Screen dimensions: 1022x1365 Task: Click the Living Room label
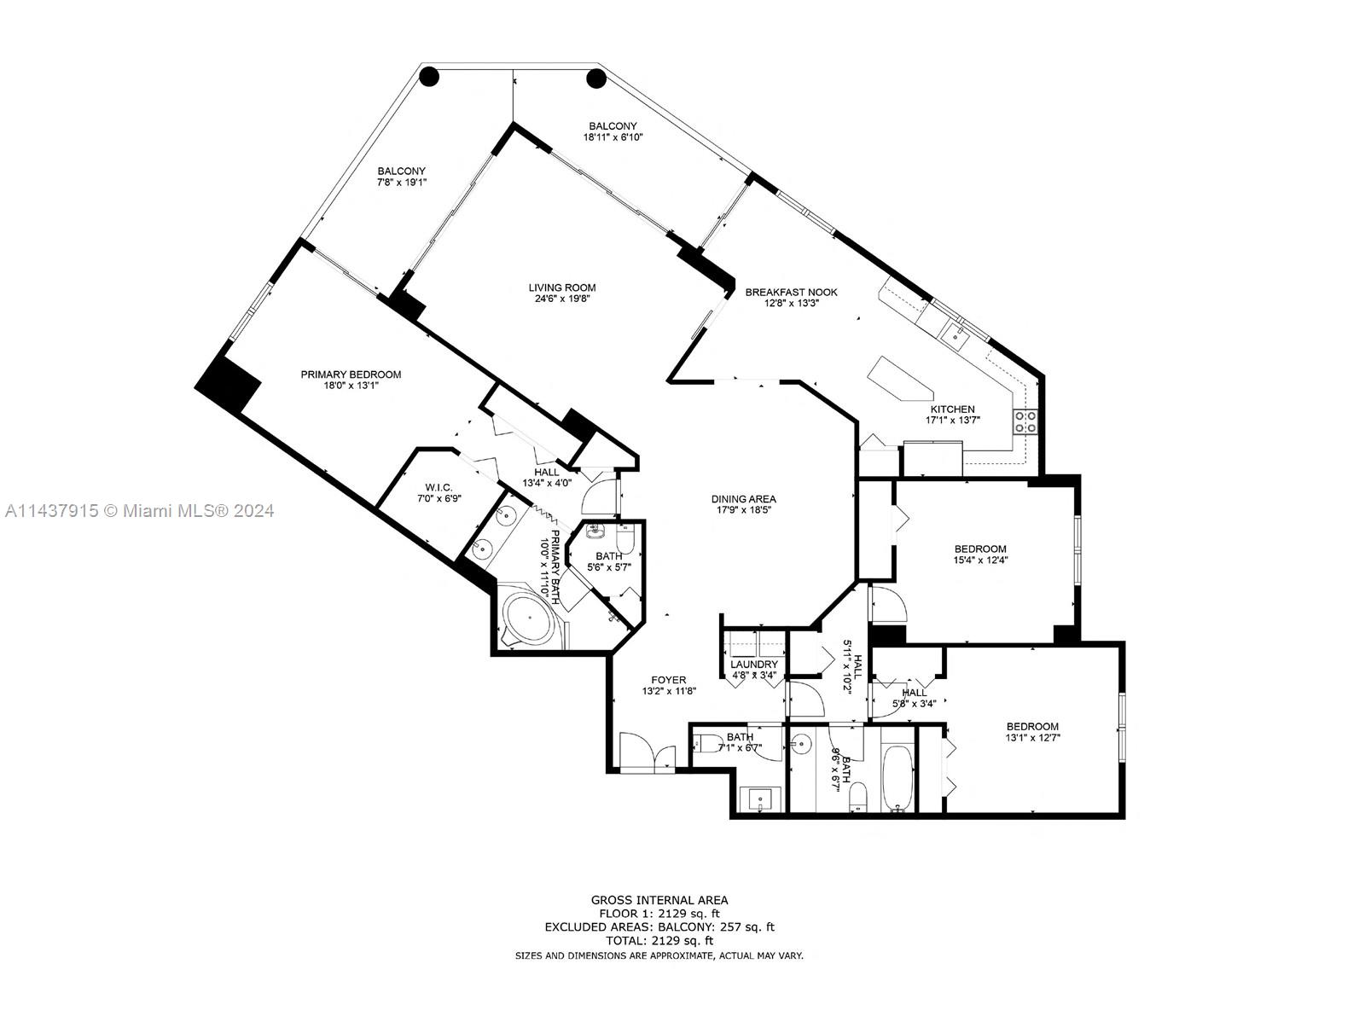pyautogui.click(x=561, y=287)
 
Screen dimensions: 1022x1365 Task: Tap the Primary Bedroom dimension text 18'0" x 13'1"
pyautogui.click(x=350, y=386)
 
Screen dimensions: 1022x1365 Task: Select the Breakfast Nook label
pyautogui.click(x=791, y=292)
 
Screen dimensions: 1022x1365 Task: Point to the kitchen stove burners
pyautogui.click(x=1025, y=421)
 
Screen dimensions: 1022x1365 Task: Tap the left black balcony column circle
pyautogui.click(x=430, y=78)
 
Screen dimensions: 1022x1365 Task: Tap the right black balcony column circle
pyautogui.click(x=595, y=79)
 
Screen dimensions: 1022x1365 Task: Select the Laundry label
pyautogui.click(x=754, y=664)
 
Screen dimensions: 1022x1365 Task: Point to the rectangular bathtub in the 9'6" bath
pyautogui.click(x=897, y=776)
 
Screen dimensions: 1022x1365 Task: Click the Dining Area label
pyautogui.click(x=744, y=499)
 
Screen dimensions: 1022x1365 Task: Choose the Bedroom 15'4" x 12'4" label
pyautogui.click(x=979, y=549)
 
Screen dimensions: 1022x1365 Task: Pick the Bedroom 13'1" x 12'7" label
pyautogui.click(x=1031, y=726)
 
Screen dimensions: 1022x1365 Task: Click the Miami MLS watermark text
pyautogui.click(x=140, y=511)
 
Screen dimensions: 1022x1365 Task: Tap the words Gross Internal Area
pyautogui.click(x=659, y=899)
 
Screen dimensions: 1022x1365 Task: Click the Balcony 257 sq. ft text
pyautogui.click(x=715, y=926)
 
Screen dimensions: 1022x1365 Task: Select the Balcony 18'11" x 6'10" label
pyautogui.click(x=613, y=125)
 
